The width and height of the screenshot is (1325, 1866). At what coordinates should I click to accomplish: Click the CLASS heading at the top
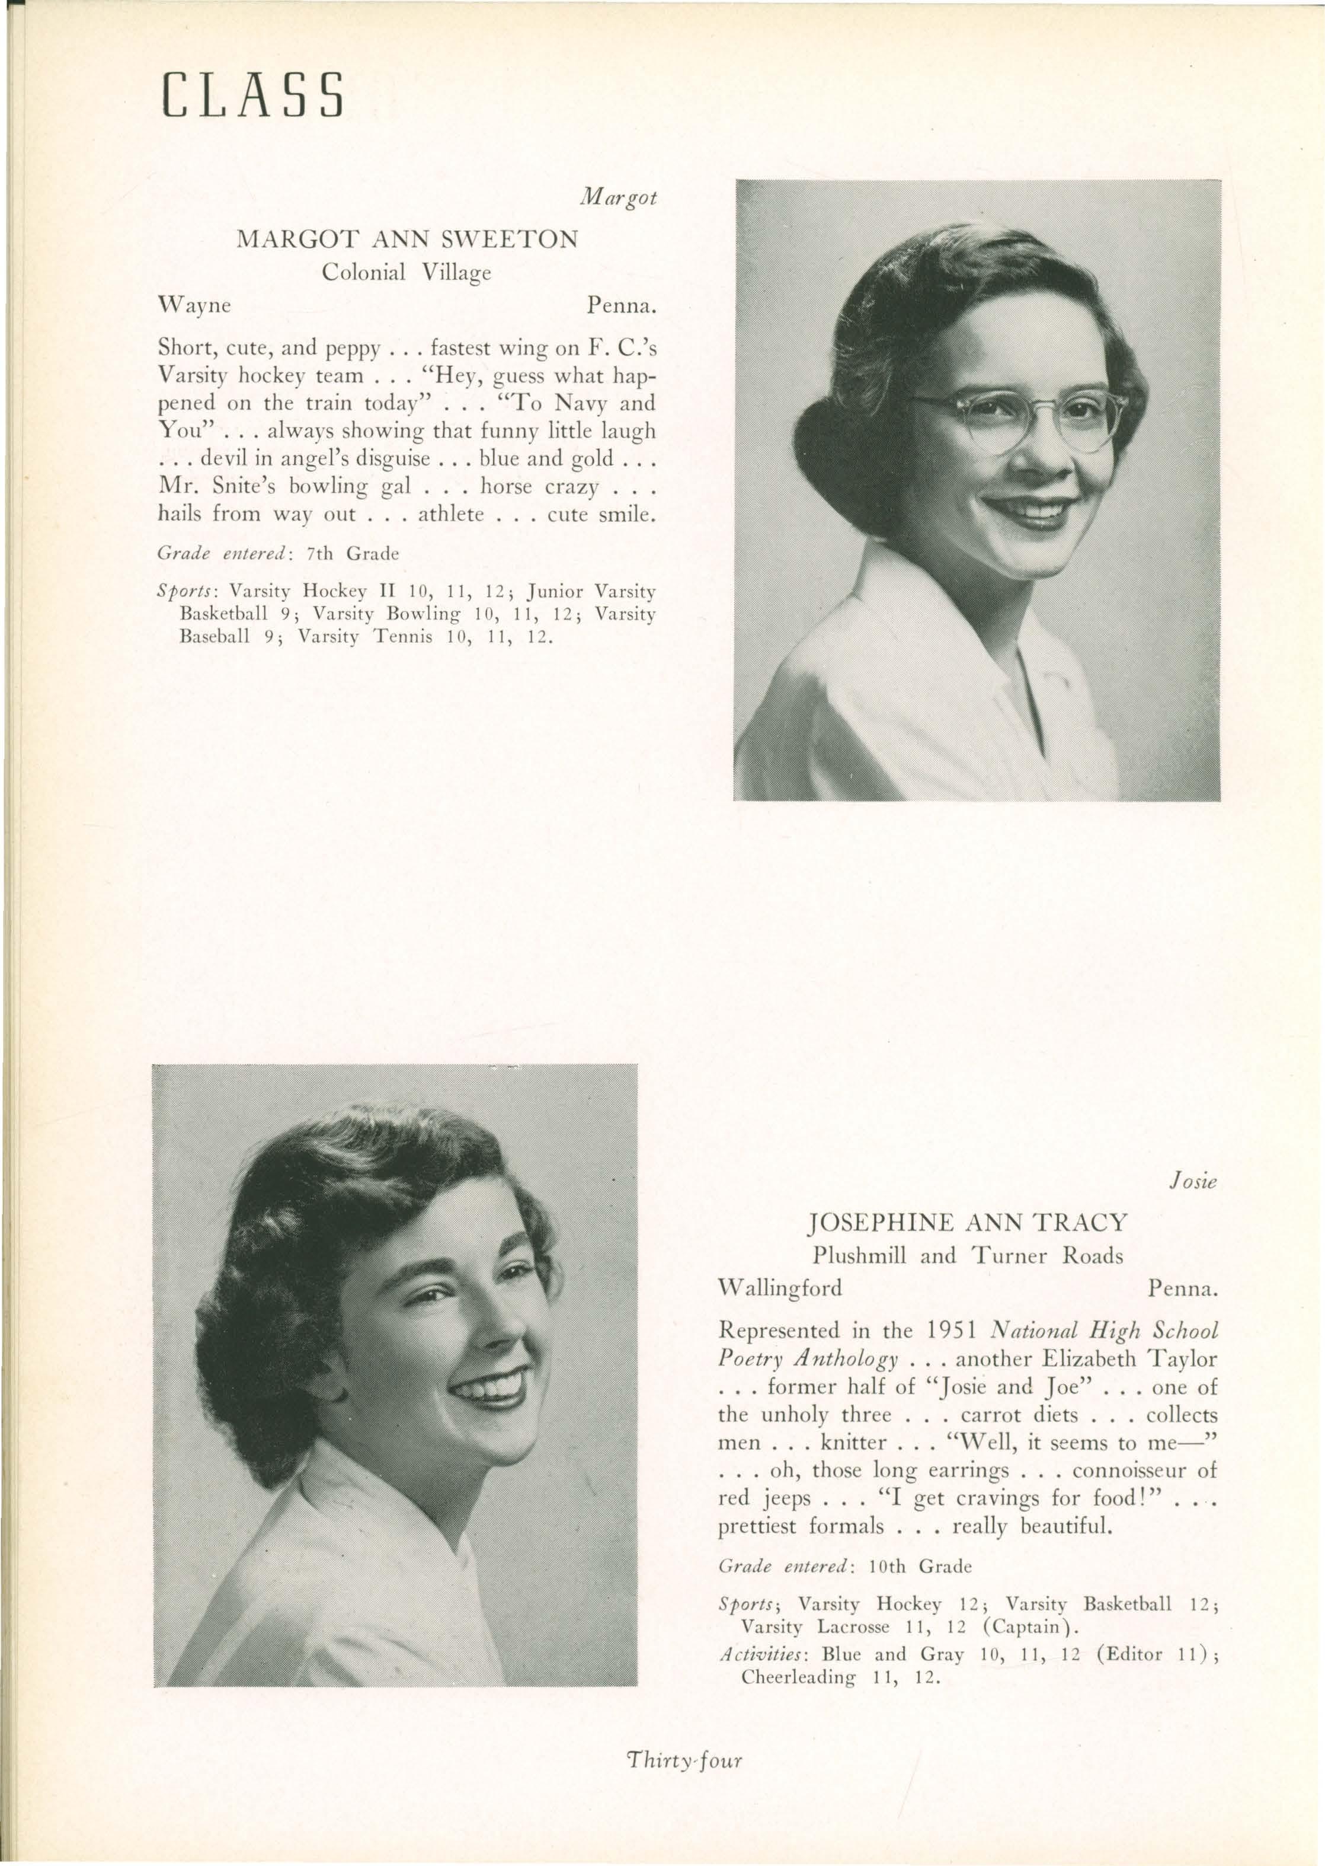pyautogui.click(x=252, y=96)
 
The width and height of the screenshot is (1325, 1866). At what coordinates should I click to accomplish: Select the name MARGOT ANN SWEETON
pyautogui.click(x=407, y=239)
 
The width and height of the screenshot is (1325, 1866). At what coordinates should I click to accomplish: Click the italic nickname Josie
pyautogui.click(x=1193, y=1181)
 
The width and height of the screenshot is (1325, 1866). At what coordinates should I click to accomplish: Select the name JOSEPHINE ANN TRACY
pyautogui.click(x=967, y=1223)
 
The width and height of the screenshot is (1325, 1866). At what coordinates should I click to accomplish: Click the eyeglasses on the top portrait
pyautogui.click(x=1020, y=419)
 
